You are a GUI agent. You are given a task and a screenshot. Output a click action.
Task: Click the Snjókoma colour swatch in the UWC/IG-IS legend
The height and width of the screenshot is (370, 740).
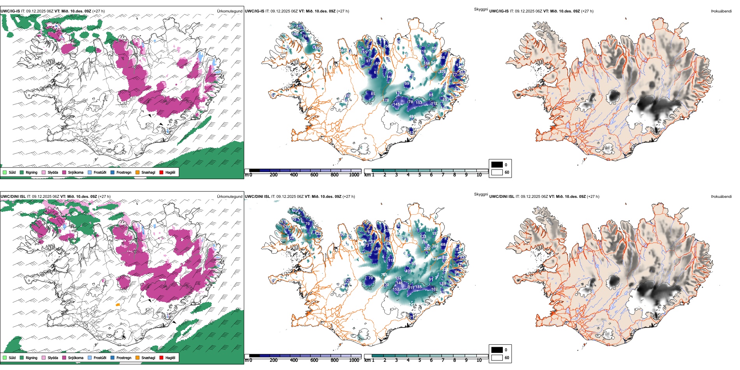[64, 172]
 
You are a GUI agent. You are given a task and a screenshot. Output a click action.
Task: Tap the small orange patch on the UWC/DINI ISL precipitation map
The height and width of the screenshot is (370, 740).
[118, 305]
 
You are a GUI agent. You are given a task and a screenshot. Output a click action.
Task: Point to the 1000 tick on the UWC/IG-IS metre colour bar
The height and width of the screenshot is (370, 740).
[354, 175]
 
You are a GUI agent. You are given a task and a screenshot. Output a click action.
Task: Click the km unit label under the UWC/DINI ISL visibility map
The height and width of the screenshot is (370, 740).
[367, 360]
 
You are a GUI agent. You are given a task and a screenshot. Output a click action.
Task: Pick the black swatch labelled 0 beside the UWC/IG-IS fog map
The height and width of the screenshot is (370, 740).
[497, 165]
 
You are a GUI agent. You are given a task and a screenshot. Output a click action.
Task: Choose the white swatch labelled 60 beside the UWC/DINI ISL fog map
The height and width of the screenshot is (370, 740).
[497, 358]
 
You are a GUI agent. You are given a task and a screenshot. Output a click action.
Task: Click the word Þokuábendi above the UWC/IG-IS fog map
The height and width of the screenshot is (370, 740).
[721, 11]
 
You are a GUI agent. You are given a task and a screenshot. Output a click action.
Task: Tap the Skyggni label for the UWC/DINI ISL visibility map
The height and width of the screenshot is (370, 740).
[481, 194]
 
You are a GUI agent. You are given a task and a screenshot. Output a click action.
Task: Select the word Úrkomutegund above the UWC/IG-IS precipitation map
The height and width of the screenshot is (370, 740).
[229, 11]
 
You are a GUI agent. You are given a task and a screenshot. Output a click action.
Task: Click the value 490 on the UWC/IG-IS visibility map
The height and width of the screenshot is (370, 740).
[412, 116]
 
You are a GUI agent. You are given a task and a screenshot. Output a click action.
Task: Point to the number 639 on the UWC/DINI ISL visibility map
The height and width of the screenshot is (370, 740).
[435, 259]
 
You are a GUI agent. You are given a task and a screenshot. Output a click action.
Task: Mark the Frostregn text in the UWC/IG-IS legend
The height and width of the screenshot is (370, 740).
[124, 173]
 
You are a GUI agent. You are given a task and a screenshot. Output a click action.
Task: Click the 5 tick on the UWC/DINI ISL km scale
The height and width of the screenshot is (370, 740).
[420, 360]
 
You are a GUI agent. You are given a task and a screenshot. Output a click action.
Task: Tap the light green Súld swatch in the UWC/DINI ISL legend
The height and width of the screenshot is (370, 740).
[5, 358]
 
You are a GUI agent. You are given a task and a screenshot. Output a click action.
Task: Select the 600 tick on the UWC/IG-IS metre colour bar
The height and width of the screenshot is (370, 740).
[314, 175]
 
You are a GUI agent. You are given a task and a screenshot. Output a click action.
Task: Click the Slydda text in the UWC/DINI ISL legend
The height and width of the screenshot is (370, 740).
[53, 358]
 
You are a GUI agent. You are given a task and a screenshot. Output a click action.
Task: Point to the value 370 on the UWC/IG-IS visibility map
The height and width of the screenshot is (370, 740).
[442, 72]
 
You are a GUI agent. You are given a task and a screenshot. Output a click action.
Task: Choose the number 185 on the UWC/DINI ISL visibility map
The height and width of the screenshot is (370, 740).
[418, 287]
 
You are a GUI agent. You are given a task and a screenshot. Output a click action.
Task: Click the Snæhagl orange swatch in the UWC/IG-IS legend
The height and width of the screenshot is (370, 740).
[137, 172]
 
